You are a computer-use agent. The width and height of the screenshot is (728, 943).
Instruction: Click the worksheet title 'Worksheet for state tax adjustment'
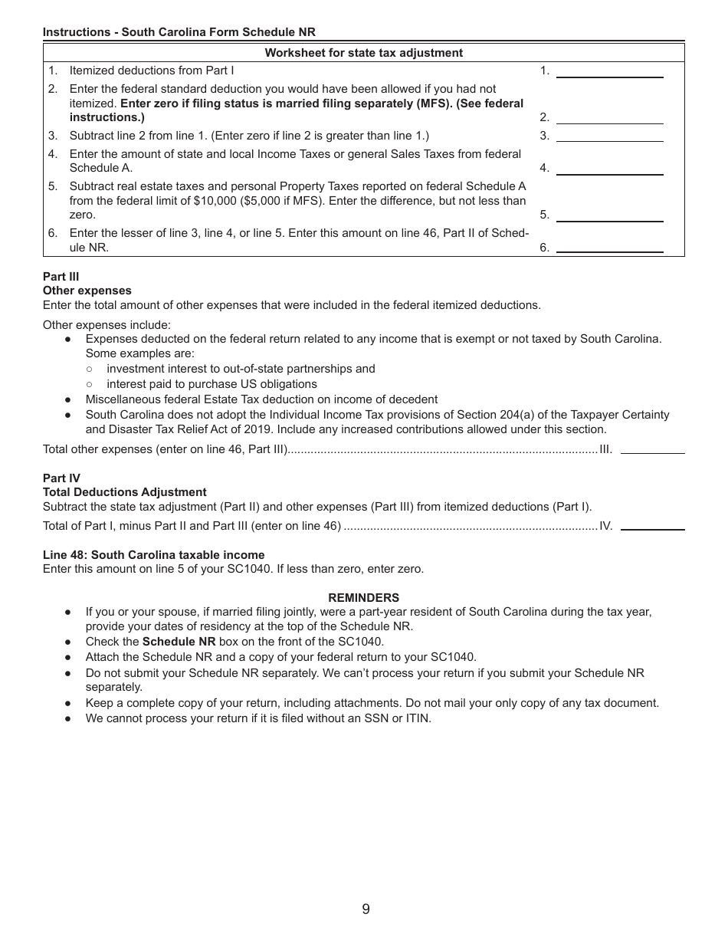(363, 53)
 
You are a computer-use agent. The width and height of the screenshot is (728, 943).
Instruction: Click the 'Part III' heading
(61, 277)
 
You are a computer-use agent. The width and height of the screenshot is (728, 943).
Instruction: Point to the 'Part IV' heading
(61, 478)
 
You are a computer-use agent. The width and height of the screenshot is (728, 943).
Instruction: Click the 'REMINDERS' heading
(363, 598)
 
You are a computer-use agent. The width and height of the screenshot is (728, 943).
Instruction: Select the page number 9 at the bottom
(366, 909)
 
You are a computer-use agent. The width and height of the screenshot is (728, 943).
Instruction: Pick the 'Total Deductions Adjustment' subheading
(125, 492)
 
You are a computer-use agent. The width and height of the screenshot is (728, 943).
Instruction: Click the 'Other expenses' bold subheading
(87, 291)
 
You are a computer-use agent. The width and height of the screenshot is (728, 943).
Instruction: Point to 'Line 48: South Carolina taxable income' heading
(154, 555)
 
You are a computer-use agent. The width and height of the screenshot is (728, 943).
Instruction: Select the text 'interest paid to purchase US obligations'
(212, 384)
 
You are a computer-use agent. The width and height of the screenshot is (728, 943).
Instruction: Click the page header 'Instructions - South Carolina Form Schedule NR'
(179, 32)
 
